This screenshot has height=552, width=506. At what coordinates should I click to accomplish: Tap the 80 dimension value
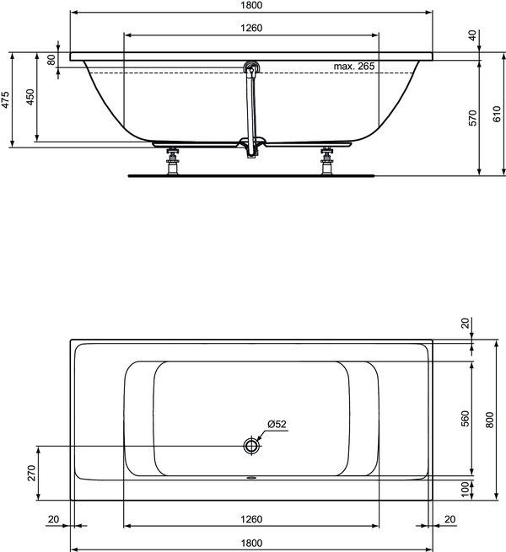(51, 61)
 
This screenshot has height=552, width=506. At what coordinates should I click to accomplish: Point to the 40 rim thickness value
(471, 35)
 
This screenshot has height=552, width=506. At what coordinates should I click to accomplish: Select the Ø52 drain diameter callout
(277, 424)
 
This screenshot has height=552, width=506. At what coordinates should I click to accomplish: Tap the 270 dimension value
(30, 472)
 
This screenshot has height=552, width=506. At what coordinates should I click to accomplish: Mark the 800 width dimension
(489, 419)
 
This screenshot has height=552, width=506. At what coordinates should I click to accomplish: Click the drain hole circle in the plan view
(251, 445)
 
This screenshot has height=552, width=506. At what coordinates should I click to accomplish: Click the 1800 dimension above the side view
(252, 6)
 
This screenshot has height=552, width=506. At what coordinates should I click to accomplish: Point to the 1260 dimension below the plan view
(252, 519)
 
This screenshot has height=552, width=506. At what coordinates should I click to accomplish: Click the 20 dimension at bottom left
(54, 519)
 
